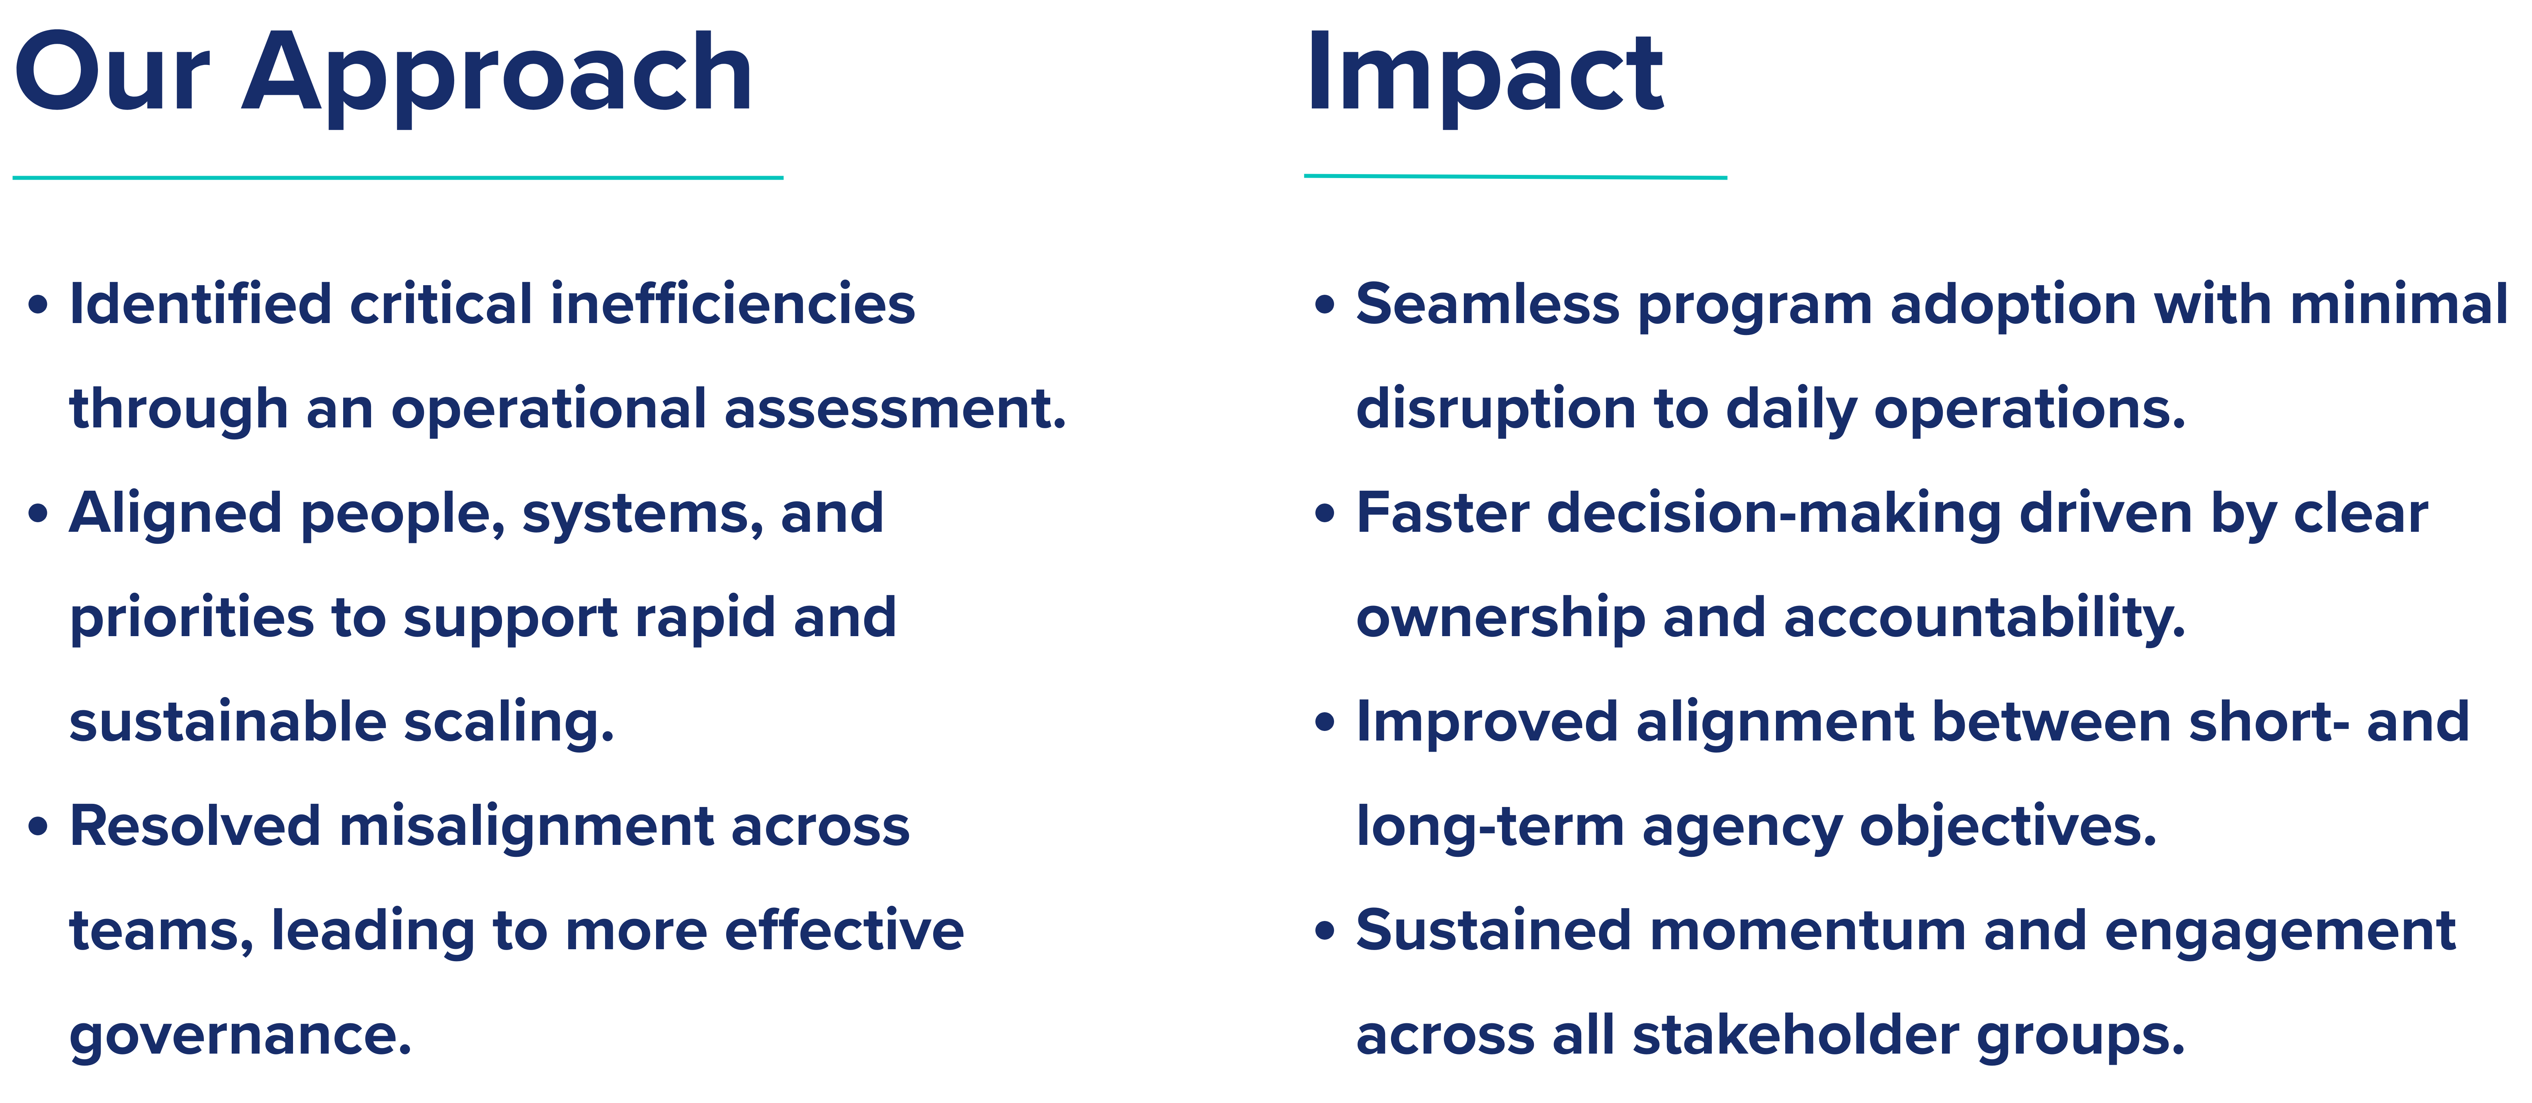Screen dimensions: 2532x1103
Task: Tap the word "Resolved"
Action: (195, 826)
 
